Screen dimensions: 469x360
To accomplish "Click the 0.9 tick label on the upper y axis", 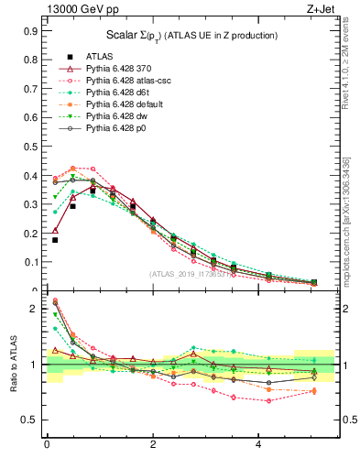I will (29, 30).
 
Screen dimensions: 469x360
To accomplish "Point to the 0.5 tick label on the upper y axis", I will (29, 147).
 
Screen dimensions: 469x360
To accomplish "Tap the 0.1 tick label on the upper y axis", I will (29, 262).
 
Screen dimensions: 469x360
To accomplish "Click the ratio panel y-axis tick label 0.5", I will (29, 420).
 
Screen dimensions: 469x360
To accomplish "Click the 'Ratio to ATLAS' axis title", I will (14, 364).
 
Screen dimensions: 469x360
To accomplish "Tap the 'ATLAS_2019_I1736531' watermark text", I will (192, 274).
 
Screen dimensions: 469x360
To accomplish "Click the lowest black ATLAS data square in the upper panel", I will (55, 240).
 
